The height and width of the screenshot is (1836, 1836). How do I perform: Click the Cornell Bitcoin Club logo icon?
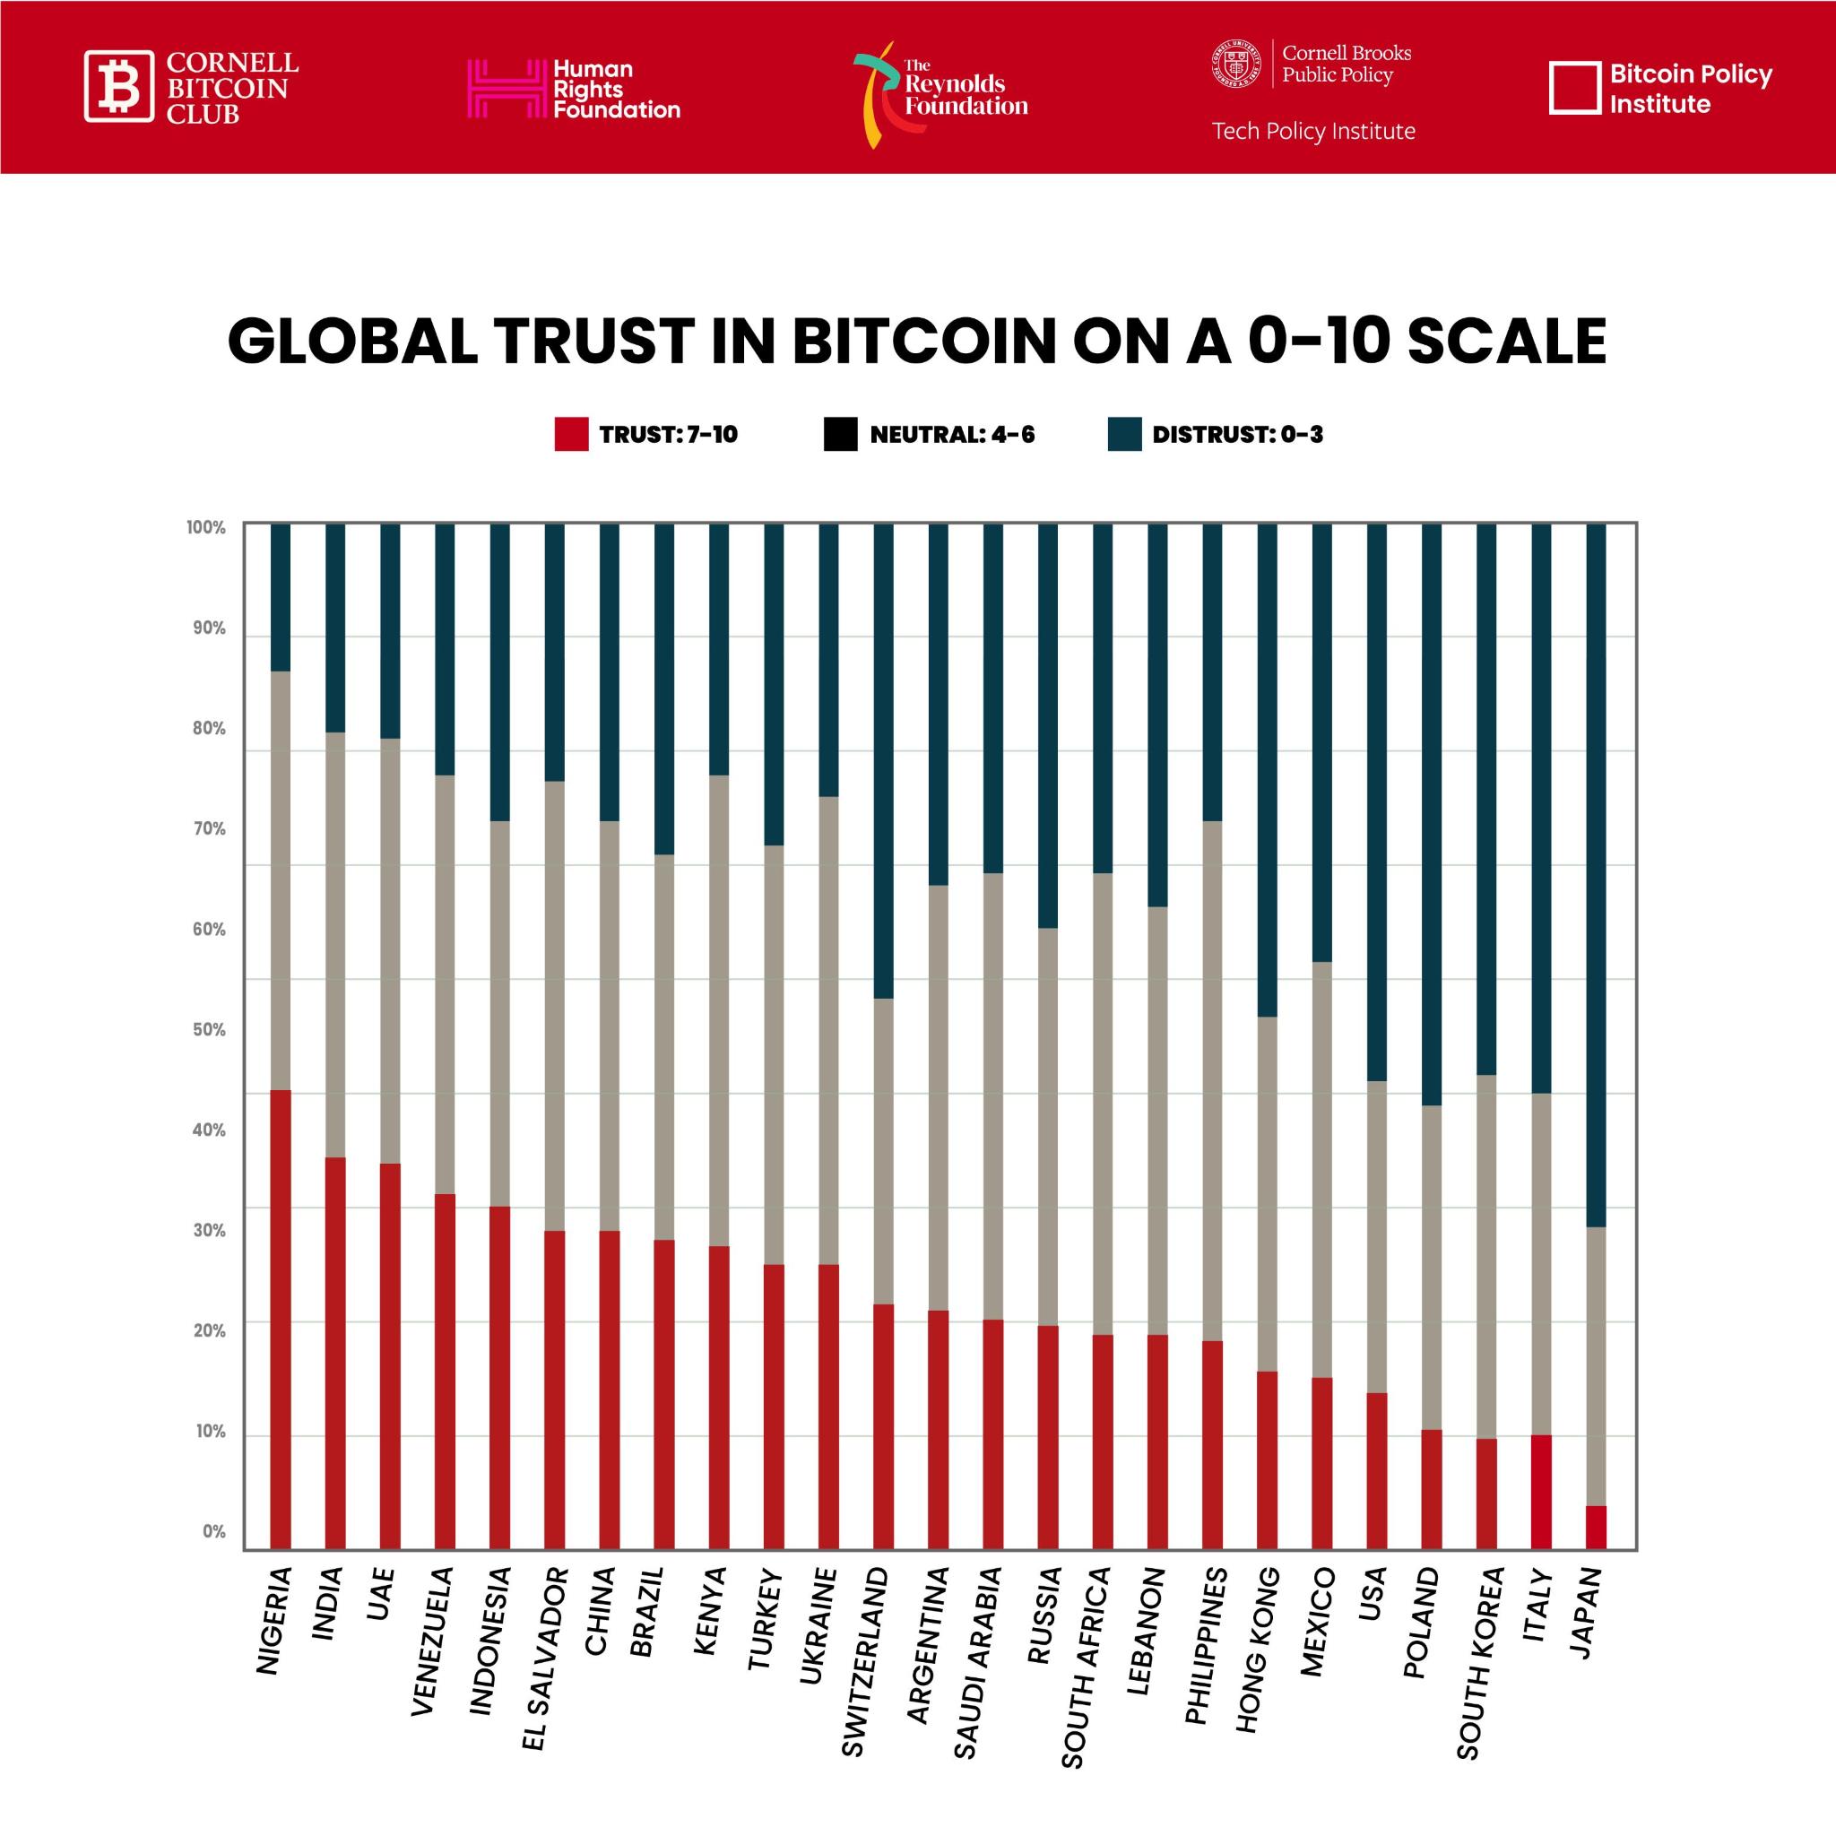coord(119,86)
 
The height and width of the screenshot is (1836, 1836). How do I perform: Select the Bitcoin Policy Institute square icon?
coord(1574,89)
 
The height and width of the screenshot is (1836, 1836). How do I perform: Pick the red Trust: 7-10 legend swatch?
coord(571,434)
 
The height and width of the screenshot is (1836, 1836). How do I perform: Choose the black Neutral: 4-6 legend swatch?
coord(841,434)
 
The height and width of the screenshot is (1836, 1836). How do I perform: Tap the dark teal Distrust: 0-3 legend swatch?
coord(1124,434)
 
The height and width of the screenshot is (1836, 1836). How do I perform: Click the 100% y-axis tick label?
coord(206,527)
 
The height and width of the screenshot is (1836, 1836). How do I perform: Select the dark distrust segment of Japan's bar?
coord(1596,874)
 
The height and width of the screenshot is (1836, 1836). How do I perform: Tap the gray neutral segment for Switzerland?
coord(883,1150)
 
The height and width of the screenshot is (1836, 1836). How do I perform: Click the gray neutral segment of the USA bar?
coord(1376,1235)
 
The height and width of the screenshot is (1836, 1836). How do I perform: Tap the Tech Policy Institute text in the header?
coord(1313,131)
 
